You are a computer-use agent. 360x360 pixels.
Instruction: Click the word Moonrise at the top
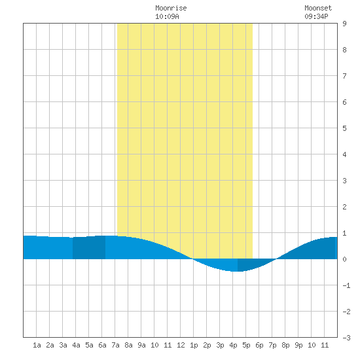pos(171,8)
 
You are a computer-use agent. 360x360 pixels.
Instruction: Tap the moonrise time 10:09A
pos(167,16)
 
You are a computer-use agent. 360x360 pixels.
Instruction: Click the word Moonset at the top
pos(318,8)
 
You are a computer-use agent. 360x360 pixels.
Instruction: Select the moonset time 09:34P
pos(316,16)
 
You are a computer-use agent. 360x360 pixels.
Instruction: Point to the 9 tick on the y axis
pos(344,24)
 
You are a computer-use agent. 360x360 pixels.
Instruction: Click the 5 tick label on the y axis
pos(344,128)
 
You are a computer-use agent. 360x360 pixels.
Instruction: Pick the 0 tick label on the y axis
pos(344,259)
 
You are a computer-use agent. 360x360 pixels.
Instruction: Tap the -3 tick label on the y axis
pos(346,338)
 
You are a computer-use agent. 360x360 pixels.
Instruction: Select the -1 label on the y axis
pos(346,285)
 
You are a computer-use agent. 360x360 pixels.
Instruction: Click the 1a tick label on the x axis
pos(37,345)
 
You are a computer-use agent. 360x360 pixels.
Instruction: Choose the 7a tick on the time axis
pos(115,345)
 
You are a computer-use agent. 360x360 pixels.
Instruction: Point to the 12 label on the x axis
pos(181,345)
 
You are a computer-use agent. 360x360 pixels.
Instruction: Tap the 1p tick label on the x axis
pos(194,345)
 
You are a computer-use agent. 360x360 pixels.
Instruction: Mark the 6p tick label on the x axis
pos(259,345)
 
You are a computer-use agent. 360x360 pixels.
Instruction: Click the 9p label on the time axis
pos(298,345)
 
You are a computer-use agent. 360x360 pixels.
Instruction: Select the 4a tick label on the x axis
pos(76,345)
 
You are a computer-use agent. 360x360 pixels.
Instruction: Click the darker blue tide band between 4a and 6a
pos(89,247)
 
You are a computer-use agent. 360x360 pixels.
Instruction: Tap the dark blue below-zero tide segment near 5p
pos(250,264)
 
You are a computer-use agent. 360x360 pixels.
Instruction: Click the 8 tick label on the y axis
pos(344,50)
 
